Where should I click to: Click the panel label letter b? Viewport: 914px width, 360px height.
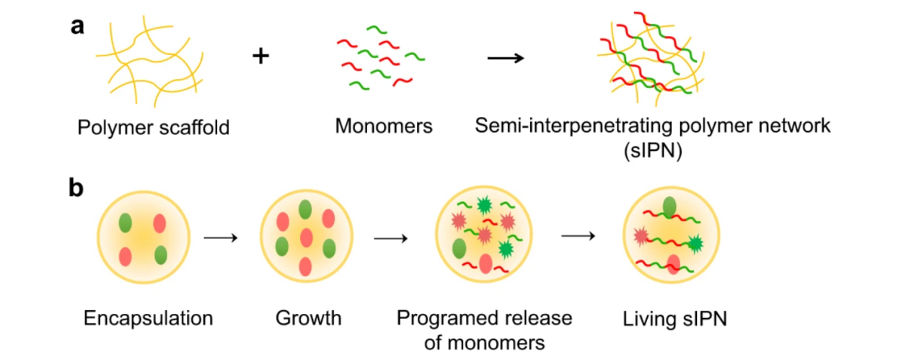pyautogui.click(x=78, y=188)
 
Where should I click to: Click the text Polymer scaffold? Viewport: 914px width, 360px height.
pyautogui.click(x=154, y=128)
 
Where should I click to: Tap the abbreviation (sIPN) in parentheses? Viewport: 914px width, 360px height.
pyautogui.click(x=652, y=153)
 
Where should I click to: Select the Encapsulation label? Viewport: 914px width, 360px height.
pyautogui.click(x=148, y=317)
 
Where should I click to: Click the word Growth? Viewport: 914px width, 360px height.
pyautogui.click(x=308, y=317)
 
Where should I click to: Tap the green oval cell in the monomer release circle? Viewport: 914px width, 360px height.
pyautogui.click(x=459, y=249)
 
